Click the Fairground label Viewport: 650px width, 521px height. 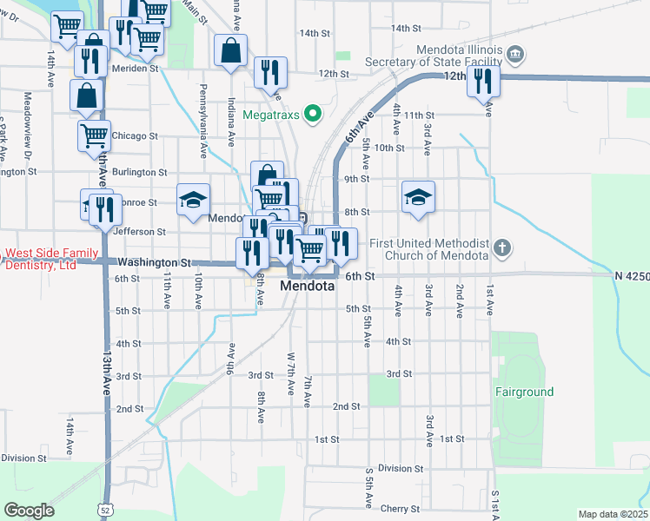tap(524, 392)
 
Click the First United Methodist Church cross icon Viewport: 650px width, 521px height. tap(501, 249)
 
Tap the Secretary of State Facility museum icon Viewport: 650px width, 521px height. tap(515, 56)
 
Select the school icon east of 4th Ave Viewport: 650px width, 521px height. tap(418, 197)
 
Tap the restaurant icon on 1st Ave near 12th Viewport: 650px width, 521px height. tap(481, 81)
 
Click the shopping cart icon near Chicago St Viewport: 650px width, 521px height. tap(94, 135)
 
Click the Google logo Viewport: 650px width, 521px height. tap(29, 510)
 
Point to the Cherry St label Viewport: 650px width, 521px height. tap(402, 509)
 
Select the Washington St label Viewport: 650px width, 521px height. tap(154, 261)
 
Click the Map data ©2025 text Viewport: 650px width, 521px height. tap(612, 514)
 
